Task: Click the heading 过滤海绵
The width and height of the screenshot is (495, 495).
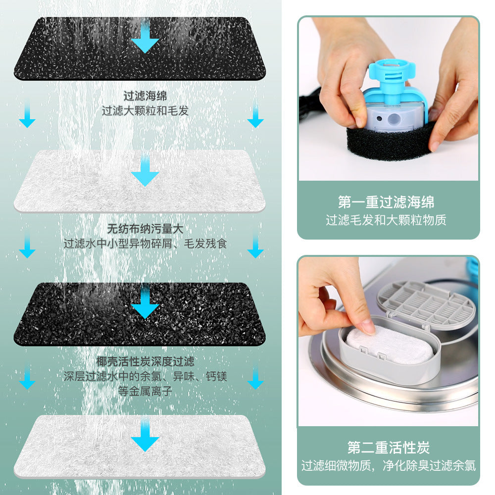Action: [x=145, y=95]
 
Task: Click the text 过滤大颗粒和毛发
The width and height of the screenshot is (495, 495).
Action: [x=145, y=110]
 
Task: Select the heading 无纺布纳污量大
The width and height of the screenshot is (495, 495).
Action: [x=145, y=229]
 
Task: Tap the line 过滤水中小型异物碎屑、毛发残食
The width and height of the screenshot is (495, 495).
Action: [x=145, y=244]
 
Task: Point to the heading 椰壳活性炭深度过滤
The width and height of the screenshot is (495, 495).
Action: [x=145, y=361]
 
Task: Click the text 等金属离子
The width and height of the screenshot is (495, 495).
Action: [x=145, y=391]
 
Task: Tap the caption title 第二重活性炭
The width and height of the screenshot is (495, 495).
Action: [x=388, y=447]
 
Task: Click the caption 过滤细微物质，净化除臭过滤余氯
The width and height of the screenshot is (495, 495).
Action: [x=388, y=465]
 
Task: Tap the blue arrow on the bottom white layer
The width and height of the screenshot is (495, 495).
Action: [x=145, y=437]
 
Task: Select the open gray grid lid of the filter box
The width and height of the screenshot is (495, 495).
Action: [x=426, y=303]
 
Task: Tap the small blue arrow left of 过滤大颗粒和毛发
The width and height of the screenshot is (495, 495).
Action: [x=27, y=115]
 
